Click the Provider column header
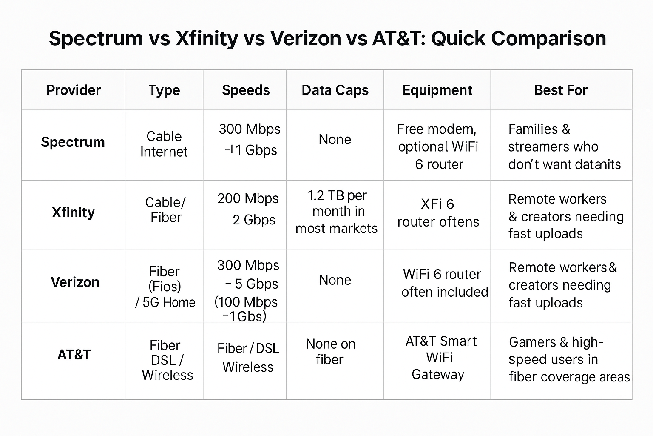(x=73, y=90)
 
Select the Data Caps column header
(x=335, y=90)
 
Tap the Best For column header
(x=560, y=90)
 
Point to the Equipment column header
(x=437, y=90)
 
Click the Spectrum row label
(x=73, y=142)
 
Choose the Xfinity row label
(x=73, y=212)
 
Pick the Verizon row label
(x=75, y=282)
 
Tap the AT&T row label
(x=74, y=355)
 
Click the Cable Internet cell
(x=164, y=144)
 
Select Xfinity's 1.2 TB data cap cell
(x=336, y=212)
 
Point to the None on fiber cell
(x=330, y=352)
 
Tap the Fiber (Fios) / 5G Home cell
(x=165, y=287)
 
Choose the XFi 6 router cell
(x=438, y=213)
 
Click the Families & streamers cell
(x=561, y=146)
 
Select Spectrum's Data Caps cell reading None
(x=335, y=140)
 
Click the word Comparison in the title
(x=548, y=38)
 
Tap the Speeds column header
(x=246, y=90)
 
